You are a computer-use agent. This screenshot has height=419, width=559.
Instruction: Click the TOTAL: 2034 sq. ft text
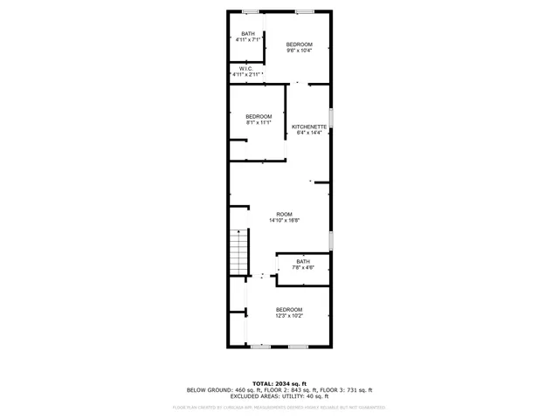click(x=279, y=383)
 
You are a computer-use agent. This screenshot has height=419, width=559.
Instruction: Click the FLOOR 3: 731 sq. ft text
click(x=350, y=390)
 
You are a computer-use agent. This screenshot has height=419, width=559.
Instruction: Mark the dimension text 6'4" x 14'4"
click(x=309, y=133)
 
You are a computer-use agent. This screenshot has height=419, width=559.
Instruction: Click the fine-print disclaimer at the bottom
click(x=279, y=407)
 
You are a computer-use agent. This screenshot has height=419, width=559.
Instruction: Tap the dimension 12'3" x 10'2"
click(x=289, y=316)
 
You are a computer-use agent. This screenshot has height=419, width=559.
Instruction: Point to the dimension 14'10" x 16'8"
click(x=285, y=221)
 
